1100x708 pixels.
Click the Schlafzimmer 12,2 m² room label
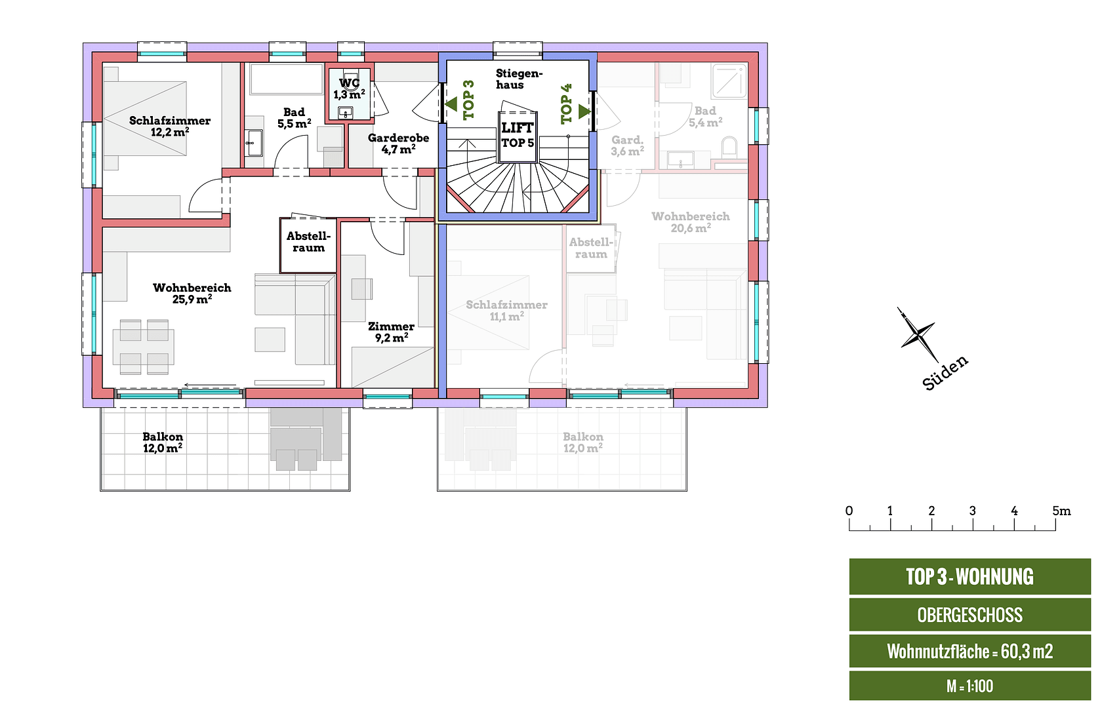click(169, 126)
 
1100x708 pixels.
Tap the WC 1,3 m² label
click(349, 88)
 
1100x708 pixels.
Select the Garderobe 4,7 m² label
click(398, 144)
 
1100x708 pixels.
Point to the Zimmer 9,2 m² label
click(391, 332)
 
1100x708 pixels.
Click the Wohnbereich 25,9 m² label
click(192, 293)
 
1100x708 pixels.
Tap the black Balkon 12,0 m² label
click(163, 442)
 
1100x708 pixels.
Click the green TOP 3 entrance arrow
click(451, 104)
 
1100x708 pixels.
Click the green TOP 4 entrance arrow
click(584, 111)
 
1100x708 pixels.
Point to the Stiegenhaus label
click(518, 79)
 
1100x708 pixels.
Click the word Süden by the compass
click(945, 373)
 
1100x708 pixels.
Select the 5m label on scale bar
click(1061, 511)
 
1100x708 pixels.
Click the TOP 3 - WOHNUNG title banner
click(969, 577)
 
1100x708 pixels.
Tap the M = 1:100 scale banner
click(969, 686)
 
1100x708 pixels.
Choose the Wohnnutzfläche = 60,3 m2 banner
click(969, 651)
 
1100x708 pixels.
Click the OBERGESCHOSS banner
click(969, 615)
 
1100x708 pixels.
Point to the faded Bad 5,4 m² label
click(705, 117)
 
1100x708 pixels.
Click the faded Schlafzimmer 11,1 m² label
click(506, 310)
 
